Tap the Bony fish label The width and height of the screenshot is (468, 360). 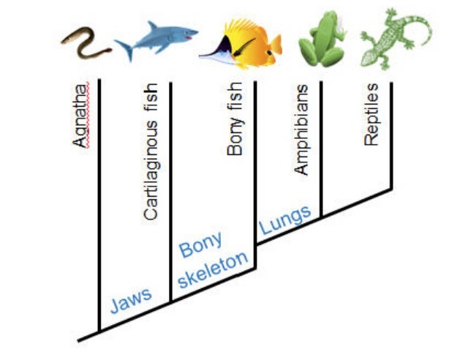[x=235, y=124]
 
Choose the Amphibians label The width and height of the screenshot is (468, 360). [x=301, y=132]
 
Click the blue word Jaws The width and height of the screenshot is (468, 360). [x=131, y=299]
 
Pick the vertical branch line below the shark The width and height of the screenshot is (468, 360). [x=170, y=190]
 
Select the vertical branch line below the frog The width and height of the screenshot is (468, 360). [x=322, y=146]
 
